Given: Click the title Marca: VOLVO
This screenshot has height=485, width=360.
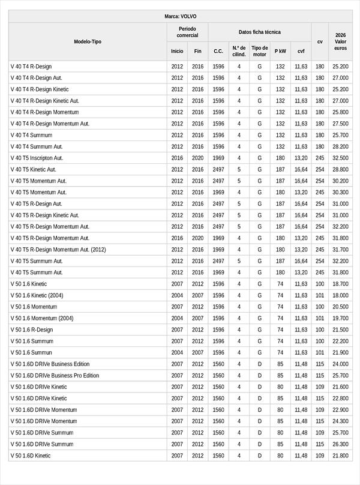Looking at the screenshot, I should (180, 16).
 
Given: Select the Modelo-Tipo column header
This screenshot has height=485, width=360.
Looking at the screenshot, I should (88, 41).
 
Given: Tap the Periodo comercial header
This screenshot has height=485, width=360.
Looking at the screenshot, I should (187, 32).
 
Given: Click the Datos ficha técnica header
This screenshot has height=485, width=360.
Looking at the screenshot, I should (259, 32).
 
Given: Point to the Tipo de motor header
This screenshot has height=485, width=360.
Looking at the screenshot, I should (260, 51).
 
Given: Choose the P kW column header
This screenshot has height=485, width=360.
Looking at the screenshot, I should (280, 52).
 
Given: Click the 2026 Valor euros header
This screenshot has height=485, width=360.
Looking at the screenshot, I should (341, 41).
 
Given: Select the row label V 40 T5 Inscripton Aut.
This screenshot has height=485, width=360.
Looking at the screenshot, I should (45, 158).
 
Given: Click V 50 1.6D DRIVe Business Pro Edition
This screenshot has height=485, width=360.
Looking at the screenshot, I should (55, 375).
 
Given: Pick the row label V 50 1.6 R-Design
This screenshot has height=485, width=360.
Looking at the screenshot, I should (31, 330).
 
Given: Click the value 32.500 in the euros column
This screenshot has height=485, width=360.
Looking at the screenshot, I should (340, 158).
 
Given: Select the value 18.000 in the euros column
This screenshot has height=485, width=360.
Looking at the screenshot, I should (340, 295).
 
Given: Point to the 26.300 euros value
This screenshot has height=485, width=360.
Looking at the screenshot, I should (340, 444).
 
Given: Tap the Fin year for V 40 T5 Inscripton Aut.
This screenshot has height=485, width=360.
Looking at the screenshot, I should (198, 158).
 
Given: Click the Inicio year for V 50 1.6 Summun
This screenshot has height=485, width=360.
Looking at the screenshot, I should (177, 352).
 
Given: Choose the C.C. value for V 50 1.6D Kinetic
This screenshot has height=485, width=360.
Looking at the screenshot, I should (218, 456).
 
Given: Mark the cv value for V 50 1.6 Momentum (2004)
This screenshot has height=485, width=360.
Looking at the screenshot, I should (320, 318).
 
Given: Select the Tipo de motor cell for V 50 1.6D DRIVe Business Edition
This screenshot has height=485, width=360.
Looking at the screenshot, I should (260, 364).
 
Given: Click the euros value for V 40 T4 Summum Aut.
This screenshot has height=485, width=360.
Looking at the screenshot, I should (340, 146).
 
